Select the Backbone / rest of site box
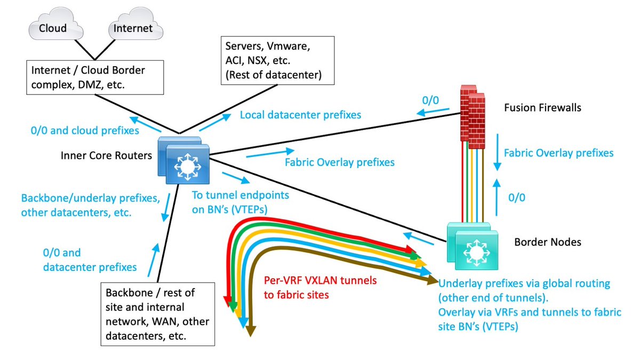click(158, 314)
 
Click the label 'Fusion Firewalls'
click(542, 108)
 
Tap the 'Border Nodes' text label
click(548, 242)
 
